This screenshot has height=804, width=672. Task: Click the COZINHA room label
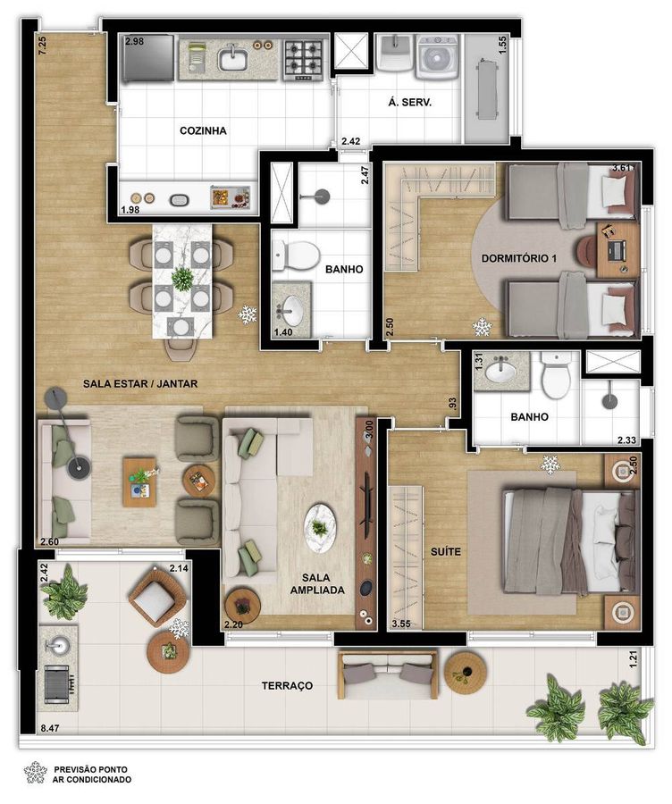coord(203,130)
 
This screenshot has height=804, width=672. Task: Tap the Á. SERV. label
coord(410,102)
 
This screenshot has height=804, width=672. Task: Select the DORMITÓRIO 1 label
coord(519,258)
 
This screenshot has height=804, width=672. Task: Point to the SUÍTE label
coord(446,552)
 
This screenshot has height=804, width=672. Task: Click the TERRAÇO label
coord(287,685)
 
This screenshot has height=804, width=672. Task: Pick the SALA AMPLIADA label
coord(317,584)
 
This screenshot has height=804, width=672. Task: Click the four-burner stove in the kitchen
coord(305,60)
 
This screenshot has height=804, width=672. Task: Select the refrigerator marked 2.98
coord(148,57)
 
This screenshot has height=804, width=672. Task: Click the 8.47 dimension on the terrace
coord(50,727)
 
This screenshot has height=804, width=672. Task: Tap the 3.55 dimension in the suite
coord(401,624)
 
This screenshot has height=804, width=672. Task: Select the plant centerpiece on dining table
coord(181,279)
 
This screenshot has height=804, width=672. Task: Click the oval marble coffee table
coord(320,529)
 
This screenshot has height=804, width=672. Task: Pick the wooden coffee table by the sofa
coord(139,482)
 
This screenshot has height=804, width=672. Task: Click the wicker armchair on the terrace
coord(157,597)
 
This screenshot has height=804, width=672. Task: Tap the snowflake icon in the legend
coord(36,772)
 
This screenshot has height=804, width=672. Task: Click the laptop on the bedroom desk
coord(616,250)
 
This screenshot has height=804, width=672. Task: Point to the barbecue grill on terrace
coord(58,684)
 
